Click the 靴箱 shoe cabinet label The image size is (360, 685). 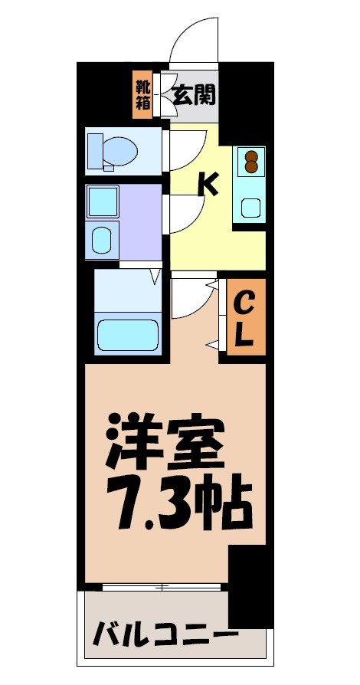point(143,94)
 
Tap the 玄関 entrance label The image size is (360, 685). point(193,95)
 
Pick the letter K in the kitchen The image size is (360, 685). point(208,185)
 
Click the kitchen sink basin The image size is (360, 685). point(250,207)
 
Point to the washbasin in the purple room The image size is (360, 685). point(102,240)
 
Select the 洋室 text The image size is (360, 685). point(166,443)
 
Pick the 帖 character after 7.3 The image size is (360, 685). point(227,500)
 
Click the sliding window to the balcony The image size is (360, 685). point(162,588)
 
